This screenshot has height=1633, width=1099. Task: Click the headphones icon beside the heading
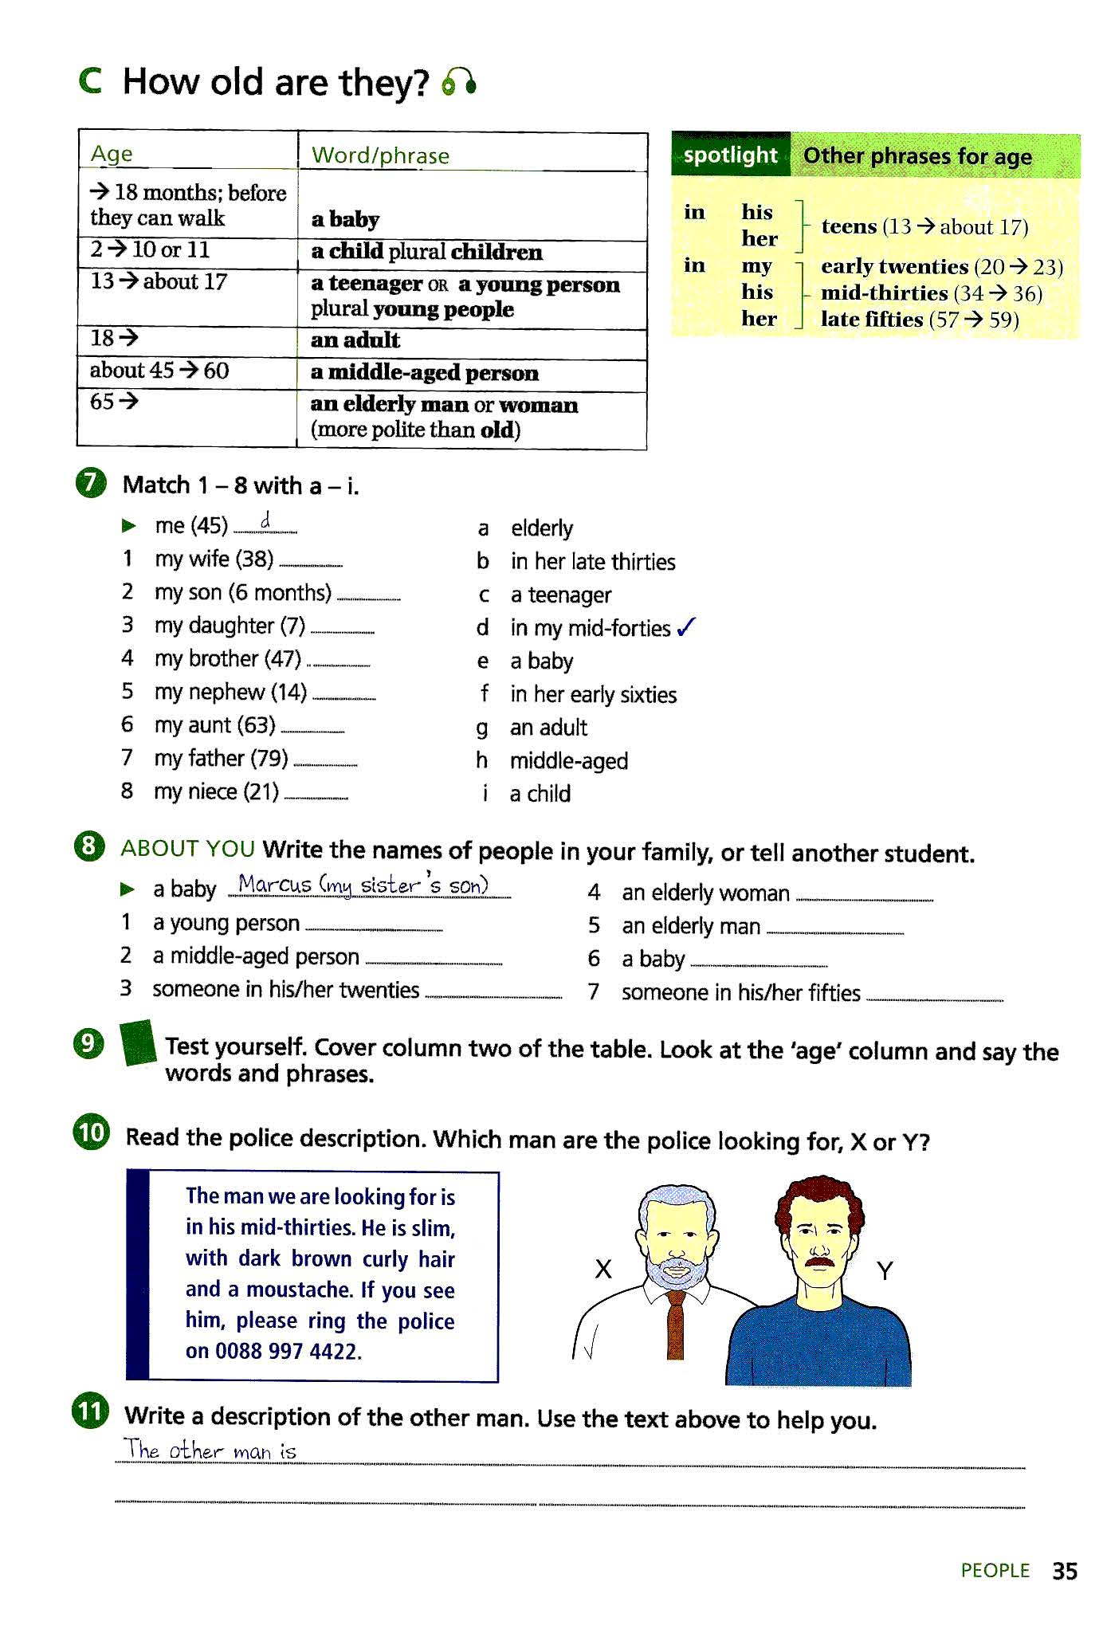pos(459,82)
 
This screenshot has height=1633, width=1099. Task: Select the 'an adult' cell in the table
pos(355,340)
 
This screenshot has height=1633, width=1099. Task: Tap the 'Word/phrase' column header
pos(380,155)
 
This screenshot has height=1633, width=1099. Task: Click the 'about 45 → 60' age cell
pos(159,371)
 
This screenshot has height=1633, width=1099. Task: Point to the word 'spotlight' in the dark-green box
pos(730,155)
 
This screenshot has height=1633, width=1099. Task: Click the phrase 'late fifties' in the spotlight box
pos(871,320)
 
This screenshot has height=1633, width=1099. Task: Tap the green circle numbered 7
pos(91,484)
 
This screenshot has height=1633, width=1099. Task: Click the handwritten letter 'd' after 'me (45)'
pos(266,522)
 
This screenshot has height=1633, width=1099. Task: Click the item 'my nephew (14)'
pos(230,692)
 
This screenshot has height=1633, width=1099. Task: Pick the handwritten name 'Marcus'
pos(274,885)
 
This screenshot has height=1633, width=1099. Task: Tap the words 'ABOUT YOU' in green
pos(188,849)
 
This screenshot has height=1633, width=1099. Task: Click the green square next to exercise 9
pos(138,1043)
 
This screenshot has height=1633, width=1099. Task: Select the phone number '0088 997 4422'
pos(288,1352)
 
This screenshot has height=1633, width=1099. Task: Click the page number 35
pos(1064,1571)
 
